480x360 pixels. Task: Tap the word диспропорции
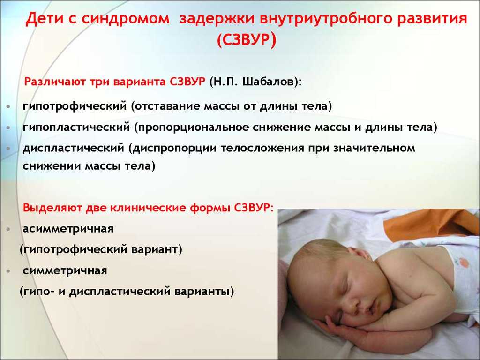[172, 149]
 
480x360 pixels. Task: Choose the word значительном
[374, 148]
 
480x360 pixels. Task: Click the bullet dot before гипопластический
[8, 128]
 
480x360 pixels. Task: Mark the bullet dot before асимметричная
[8, 229]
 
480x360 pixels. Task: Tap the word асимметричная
[68, 229]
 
